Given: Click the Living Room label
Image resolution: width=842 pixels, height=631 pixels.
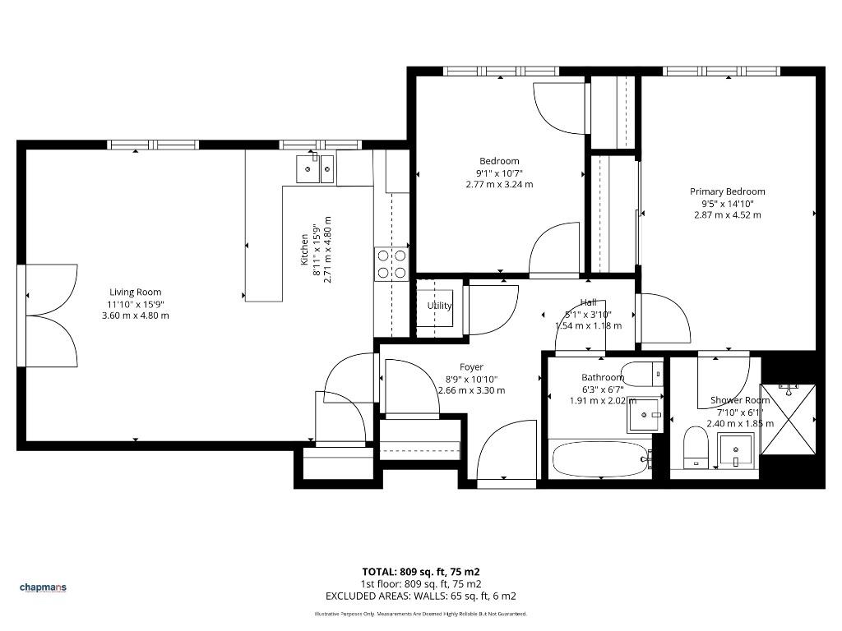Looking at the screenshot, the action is click(x=136, y=292).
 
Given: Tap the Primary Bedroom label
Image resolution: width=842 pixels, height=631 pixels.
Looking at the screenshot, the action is click(x=728, y=191).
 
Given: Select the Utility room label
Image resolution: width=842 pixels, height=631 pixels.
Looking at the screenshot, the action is click(x=439, y=306).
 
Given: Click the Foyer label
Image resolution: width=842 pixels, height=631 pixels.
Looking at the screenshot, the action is click(x=471, y=367).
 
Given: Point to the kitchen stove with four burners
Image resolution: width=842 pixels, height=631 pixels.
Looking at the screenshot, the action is click(x=391, y=264).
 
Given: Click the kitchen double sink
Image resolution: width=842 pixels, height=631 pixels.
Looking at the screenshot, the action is click(x=315, y=168).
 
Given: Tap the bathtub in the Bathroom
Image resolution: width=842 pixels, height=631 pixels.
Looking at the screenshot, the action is click(x=600, y=458).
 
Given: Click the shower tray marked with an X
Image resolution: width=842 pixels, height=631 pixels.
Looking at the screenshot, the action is click(x=789, y=419).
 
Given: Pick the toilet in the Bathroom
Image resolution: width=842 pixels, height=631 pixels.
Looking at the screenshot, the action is click(x=642, y=375).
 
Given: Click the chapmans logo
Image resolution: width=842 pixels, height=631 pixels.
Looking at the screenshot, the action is click(x=43, y=587).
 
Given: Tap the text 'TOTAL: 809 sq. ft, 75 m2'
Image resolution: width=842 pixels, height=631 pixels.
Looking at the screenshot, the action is click(x=421, y=572).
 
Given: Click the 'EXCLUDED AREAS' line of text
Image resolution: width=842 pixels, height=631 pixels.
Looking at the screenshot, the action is click(x=421, y=596).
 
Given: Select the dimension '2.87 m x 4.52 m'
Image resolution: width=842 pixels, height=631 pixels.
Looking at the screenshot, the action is click(x=728, y=215).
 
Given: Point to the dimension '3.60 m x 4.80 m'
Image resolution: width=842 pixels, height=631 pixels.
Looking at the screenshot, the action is click(x=136, y=315).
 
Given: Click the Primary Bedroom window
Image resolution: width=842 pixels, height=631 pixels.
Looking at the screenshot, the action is click(x=721, y=71).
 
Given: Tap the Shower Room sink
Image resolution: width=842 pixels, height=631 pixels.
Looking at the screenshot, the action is click(x=736, y=450).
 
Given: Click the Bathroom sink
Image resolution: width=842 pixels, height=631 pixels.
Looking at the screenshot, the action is click(x=643, y=415).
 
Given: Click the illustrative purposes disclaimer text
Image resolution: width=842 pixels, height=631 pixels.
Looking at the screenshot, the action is click(x=421, y=614).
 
